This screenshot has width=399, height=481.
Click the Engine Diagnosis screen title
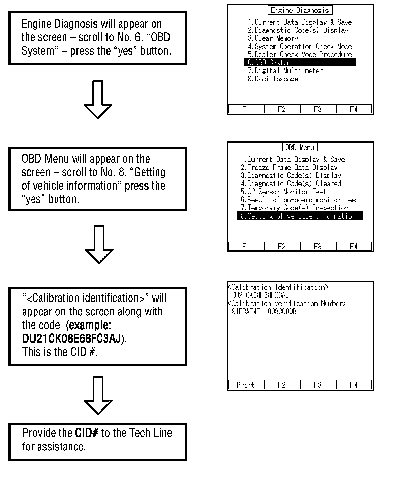coord(300,10)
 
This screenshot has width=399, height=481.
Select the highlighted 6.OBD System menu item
coord(300,63)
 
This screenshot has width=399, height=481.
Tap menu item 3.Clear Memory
coord(273,38)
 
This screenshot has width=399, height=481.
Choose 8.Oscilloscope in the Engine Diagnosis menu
coord(273,79)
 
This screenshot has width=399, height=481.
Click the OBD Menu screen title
coord(300,147)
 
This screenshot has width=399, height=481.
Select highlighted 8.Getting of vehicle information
coord(300,216)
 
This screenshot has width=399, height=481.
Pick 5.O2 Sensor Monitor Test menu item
coord(283,192)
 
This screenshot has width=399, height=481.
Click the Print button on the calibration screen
coord(245,385)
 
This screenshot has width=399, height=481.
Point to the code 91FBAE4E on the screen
coord(246,312)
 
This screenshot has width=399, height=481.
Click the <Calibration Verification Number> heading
coord(287,304)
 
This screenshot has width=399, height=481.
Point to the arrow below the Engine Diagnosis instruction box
coord(98,99)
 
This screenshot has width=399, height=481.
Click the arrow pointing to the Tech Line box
coord(98,395)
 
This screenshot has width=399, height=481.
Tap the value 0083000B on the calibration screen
coord(282,312)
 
